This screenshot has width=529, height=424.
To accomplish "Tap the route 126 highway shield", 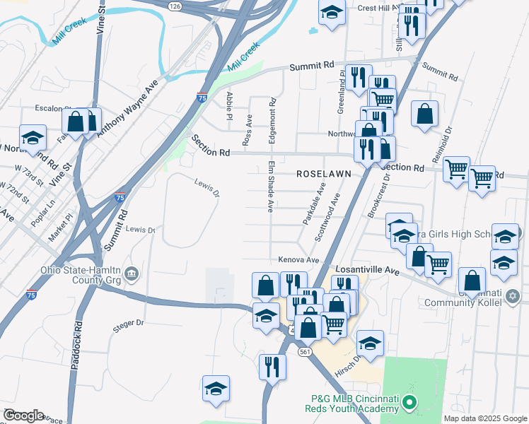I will (x=175, y=6).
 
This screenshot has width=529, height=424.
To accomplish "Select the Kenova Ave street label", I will (x=299, y=259).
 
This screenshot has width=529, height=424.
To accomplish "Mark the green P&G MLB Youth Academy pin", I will (x=409, y=404).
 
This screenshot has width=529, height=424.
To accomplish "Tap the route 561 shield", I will (x=305, y=351).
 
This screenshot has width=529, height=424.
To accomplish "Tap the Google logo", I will (x=23, y=416).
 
